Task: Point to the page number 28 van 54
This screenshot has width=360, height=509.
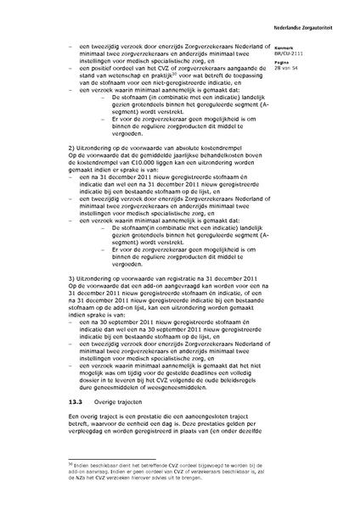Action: (311, 66)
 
